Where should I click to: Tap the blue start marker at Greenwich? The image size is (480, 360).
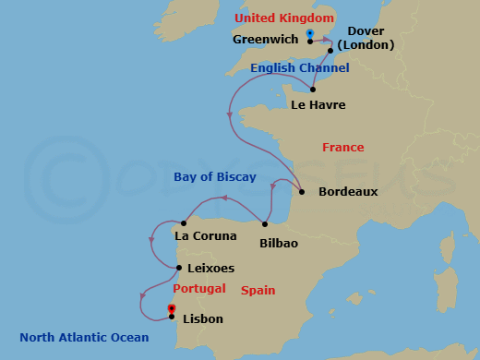tap(310, 34)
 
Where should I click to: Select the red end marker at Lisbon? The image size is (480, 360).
tap(172, 309)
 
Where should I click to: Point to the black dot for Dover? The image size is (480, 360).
tap(330, 51)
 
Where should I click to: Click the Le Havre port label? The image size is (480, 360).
tap(318, 104)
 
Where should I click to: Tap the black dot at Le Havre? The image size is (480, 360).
tap(313, 89)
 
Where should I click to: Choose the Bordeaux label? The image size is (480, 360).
tap(348, 192)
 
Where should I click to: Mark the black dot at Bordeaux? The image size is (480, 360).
tap(303, 192)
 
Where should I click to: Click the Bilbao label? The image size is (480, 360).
tap(279, 243)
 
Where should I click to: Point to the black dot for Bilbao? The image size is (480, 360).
tap(265, 224)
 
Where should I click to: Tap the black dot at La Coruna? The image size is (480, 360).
tap(185, 222)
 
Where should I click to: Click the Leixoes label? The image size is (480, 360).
tap(210, 269)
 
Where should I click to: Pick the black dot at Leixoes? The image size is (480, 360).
tap(178, 269)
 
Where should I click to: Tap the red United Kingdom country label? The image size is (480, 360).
tap(283, 18)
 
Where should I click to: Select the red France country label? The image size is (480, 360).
tap(342, 148)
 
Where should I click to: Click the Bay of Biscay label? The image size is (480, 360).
tap(215, 177)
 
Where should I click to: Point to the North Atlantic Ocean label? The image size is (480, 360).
tap(84, 337)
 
